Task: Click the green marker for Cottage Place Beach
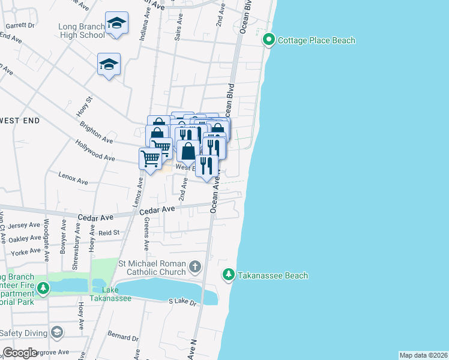click(268, 40)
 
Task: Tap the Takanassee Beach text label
click(272, 275)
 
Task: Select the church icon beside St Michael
click(195, 266)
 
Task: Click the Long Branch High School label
click(82, 31)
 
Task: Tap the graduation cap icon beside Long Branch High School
click(116, 23)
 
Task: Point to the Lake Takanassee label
click(110, 294)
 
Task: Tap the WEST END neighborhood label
click(20, 121)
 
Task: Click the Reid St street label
click(109, 232)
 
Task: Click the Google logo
click(20, 352)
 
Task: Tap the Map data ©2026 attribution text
click(423, 355)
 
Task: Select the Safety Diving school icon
click(57, 332)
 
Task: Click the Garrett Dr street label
click(20, 26)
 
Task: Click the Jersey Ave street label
click(25, 226)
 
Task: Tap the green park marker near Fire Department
click(43, 289)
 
